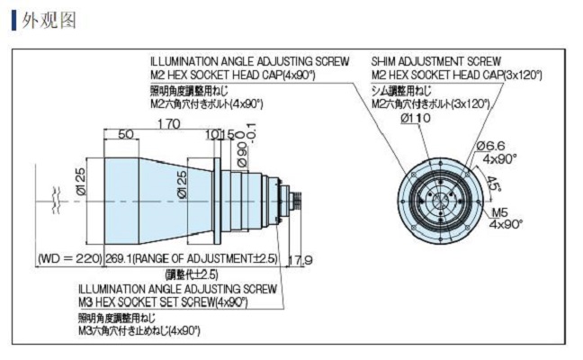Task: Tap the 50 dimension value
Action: pos(126,134)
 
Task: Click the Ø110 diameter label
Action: pos(415,118)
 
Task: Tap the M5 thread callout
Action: pos(500,212)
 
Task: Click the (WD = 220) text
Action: pos(70,259)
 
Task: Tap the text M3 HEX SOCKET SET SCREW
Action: pos(149,301)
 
